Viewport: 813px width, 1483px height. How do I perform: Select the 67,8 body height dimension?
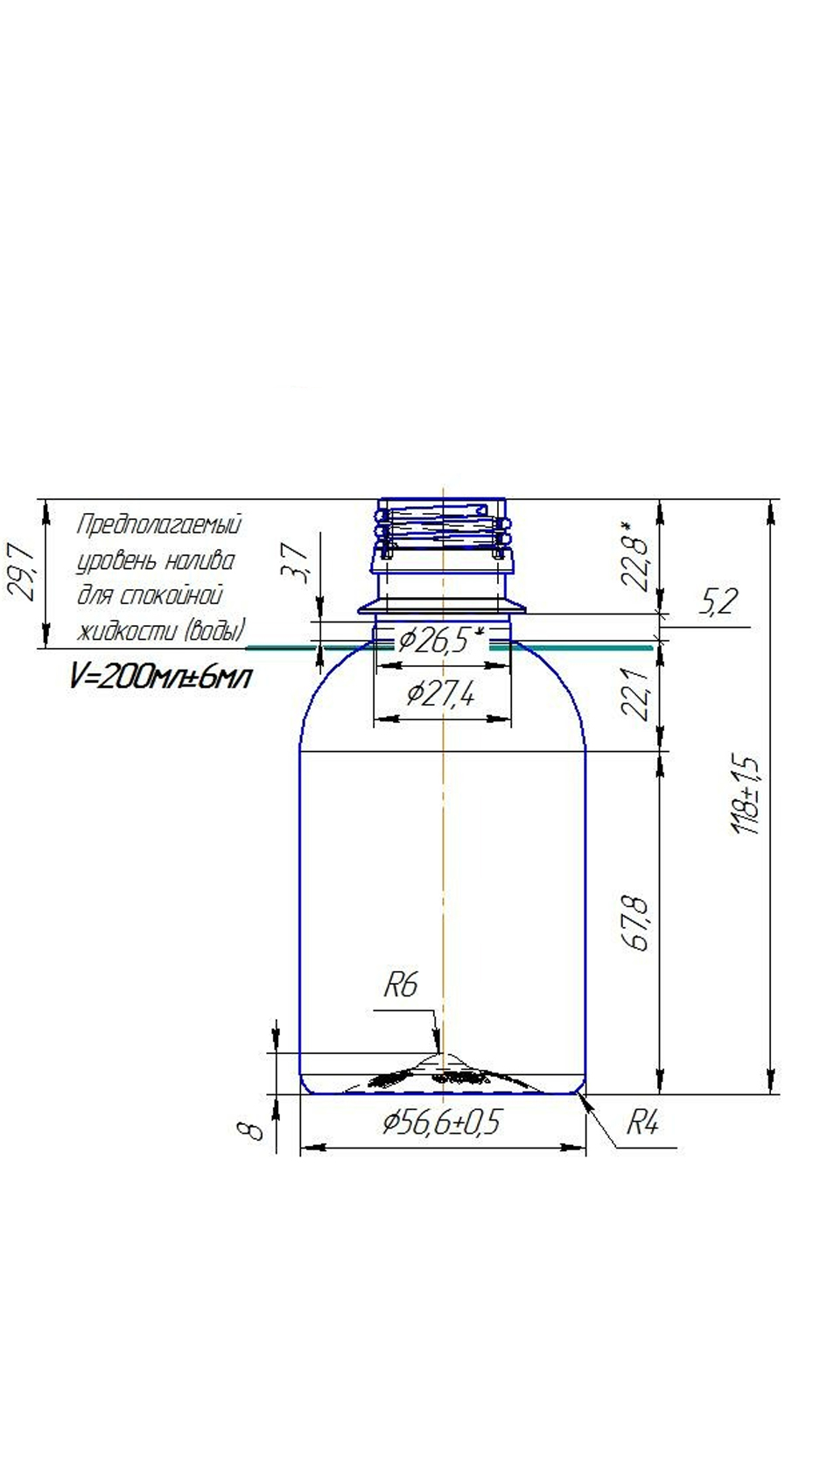tap(636, 924)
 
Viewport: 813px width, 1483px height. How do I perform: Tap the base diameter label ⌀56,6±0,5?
tap(442, 1123)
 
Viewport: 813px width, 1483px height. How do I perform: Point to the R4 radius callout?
tap(642, 1123)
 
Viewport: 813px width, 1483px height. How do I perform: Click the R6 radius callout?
tap(401, 985)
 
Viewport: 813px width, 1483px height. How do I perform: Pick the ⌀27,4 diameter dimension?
tap(441, 694)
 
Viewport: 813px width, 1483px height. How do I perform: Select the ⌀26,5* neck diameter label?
tap(441, 640)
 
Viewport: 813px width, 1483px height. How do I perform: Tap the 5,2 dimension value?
tap(717, 601)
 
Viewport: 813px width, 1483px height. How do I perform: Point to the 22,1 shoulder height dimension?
tap(636, 693)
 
